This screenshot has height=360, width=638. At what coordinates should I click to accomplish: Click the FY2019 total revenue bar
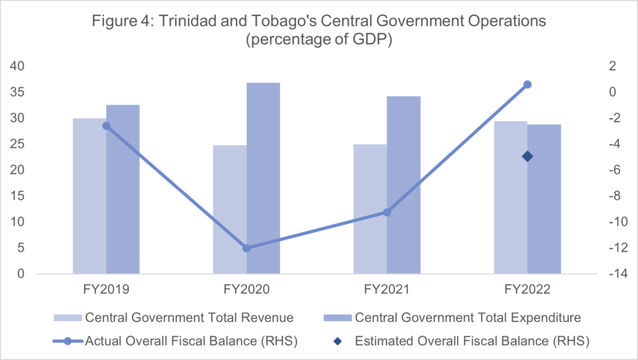click(x=89, y=196)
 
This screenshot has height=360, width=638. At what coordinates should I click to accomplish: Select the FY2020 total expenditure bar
click(x=263, y=178)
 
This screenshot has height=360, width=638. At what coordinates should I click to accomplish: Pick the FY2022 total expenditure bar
click(x=544, y=199)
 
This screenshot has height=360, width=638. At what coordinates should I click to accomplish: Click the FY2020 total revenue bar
click(x=230, y=209)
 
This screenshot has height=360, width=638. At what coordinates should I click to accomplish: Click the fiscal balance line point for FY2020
click(x=246, y=248)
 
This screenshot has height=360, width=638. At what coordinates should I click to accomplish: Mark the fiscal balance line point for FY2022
click(x=527, y=85)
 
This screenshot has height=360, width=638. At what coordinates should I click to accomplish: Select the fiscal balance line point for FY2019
click(x=106, y=126)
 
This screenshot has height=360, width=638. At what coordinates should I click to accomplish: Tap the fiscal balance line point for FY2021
click(x=387, y=212)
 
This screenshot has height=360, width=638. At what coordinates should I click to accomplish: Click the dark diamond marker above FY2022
click(x=527, y=156)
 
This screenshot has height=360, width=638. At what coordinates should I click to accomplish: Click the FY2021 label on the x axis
click(x=387, y=289)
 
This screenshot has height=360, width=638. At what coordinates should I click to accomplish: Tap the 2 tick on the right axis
click(x=613, y=67)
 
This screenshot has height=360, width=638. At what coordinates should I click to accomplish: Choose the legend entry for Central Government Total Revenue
click(x=189, y=318)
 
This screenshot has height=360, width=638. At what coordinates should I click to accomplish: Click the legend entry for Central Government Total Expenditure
click(x=467, y=318)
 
